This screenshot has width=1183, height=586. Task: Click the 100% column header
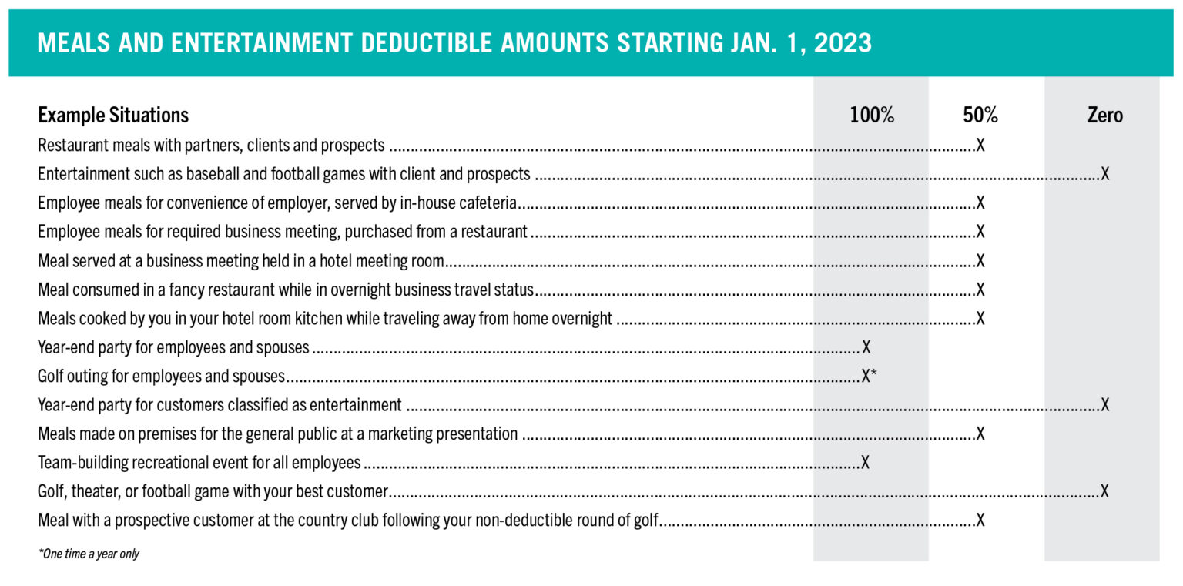tap(871, 115)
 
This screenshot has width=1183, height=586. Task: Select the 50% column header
tap(980, 115)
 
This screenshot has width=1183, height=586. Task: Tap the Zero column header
tap(1105, 115)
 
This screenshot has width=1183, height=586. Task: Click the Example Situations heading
tap(113, 115)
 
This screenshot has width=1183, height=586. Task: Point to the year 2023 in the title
tap(843, 43)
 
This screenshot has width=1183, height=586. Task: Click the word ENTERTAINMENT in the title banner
tap(261, 43)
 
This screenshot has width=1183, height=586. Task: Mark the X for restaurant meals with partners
tap(980, 145)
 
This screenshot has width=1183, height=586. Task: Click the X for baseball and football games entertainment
tap(1105, 174)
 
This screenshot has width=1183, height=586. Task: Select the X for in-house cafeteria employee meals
tap(980, 203)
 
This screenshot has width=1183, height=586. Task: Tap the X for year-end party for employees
tap(866, 347)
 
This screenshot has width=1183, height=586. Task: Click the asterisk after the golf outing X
tap(873, 373)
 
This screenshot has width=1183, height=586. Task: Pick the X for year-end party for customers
tap(1105, 405)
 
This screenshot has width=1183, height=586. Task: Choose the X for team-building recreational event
tap(865, 463)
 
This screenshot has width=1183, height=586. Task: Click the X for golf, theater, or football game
tap(1105, 491)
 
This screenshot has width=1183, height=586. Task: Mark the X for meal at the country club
tap(980, 521)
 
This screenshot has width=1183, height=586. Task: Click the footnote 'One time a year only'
tap(89, 554)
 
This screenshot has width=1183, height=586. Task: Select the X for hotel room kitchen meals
tap(980, 318)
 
